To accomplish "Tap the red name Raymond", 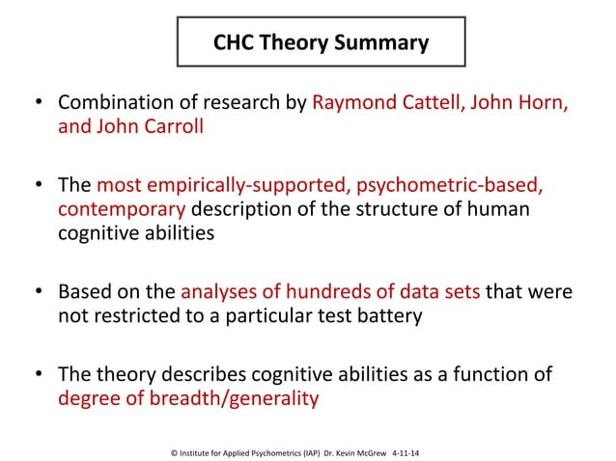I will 353,103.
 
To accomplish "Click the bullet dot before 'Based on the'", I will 39,292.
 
